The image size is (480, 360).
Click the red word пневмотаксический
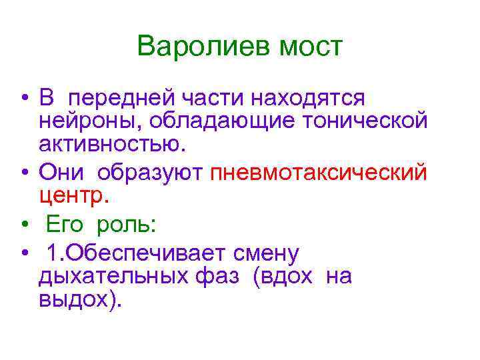pos(318,173)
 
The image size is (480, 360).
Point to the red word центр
pos(72,196)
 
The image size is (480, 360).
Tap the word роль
pos(127,225)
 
